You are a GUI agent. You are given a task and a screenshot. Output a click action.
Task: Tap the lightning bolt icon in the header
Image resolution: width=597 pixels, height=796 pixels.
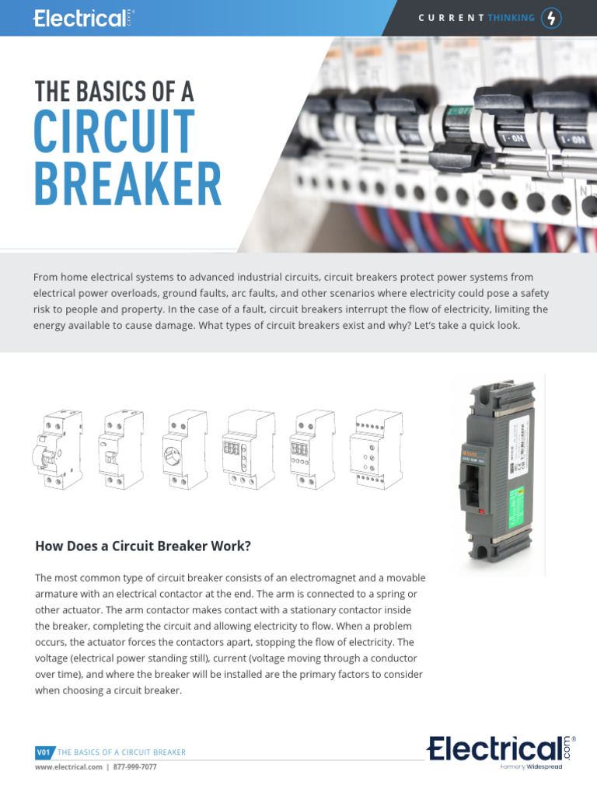click(x=551, y=18)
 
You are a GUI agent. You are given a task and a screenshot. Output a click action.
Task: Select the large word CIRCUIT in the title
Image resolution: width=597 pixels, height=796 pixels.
click(x=114, y=132)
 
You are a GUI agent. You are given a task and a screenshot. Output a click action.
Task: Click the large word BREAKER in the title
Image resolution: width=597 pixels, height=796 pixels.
click(x=127, y=185)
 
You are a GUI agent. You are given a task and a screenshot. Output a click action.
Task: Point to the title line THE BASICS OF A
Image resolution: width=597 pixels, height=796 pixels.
click(x=113, y=92)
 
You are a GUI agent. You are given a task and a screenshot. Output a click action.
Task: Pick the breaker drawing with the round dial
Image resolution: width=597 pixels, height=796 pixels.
click(x=183, y=451)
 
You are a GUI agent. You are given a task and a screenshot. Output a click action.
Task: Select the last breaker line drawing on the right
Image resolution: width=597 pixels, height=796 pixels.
click(x=377, y=451)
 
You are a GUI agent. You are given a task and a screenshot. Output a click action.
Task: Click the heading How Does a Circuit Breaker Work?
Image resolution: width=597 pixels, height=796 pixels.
click(x=143, y=546)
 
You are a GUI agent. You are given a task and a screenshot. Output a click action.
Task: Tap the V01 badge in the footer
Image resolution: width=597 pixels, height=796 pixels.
click(x=44, y=752)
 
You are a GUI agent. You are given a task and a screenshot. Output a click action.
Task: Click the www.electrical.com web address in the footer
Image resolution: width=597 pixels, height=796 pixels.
click(x=68, y=767)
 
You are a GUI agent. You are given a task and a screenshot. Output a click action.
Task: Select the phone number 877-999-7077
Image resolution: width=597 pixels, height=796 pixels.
click(x=134, y=767)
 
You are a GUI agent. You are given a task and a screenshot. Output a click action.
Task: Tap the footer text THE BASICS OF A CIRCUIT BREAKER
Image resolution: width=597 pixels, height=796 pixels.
click(x=122, y=752)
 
